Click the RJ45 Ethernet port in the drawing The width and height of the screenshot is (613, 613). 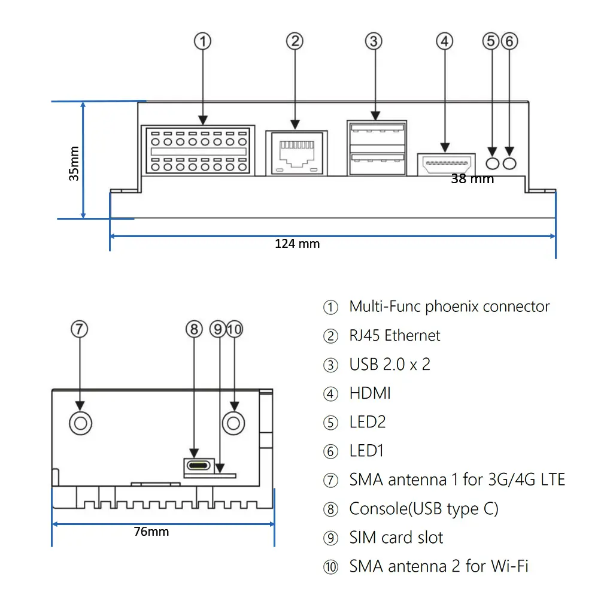pyautogui.click(x=296, y=152)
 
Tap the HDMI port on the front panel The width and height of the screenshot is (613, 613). pyautogui.click(x=446, y=162)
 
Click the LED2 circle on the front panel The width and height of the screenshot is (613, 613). pyautogui.click(x=492, y=162)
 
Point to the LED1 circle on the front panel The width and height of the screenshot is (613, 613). pyautogui.click(x=509, y=162)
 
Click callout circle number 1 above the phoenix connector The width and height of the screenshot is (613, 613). pyautogui.click(x=203, y=41)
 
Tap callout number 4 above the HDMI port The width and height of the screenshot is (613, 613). pyautogui.click(x=444, y=41)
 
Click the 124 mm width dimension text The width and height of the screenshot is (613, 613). pyautogui.click(x=297, y=244)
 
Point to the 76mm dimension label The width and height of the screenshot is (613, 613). pyautogui.click(x=151, y=531)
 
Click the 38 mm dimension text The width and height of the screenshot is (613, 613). pyautogui.click(x=472, y=178)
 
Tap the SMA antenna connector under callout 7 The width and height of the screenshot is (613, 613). pyautogui.click(x=80, y=423)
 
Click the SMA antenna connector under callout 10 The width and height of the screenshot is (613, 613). pyautogui.click(x=233, y=423)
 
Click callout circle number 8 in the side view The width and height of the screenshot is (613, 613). pyautogui.click(x=193, y=329)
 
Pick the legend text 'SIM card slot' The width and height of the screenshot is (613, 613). pyautogui.click(x=396, y=538)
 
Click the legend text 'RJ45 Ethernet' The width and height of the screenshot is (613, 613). pyautogui.click(x=394, y=335)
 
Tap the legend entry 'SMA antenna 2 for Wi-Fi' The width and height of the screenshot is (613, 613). pyautogui.click(x=439, y=566)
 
